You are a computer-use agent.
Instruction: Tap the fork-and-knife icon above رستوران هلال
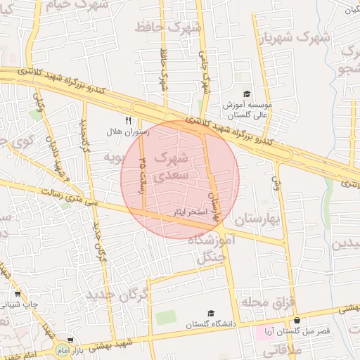[128, 120]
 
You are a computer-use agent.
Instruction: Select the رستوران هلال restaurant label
[124, 132]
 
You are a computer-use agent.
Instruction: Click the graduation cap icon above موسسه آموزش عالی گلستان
[247, 94]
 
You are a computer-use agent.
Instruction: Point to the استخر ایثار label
[187, 210]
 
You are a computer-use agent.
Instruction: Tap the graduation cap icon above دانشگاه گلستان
[210, 314]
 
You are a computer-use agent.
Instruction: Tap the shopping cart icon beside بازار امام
[70, 340]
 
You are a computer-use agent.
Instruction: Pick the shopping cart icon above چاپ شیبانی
[18, 294]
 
